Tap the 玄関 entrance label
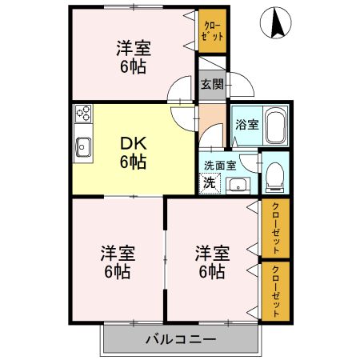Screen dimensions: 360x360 coord(211,84)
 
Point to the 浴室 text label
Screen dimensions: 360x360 coord(246,125)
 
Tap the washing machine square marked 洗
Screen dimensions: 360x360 coord(208,182)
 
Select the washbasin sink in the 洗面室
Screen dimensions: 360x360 coord(238,184)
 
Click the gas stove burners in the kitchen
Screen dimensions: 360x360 coord(84,114)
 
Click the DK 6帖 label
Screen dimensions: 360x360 coord(134,153)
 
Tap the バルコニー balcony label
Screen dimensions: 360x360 coord(180,339)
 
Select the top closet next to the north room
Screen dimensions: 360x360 coord(211,33)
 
